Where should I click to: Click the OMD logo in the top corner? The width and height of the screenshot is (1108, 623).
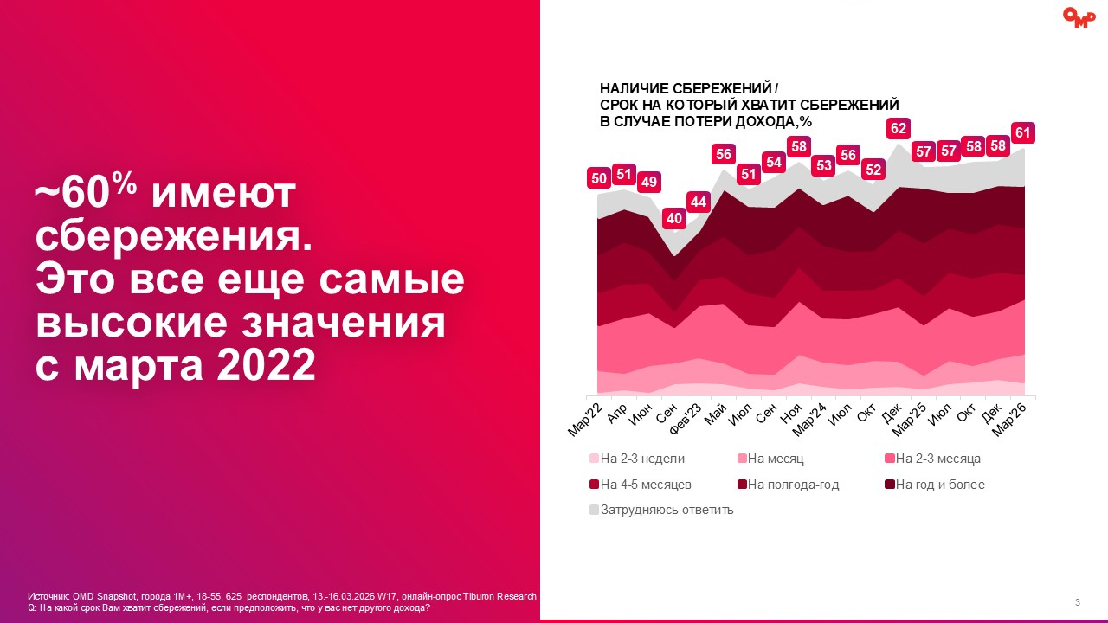click(x=1079, y=17)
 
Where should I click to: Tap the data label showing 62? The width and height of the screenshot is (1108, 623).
click(x=899, y=129)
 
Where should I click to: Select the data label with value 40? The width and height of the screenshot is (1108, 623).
click(x=674, y=218)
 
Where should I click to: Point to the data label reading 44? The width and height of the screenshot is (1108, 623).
click(x=699, y=202)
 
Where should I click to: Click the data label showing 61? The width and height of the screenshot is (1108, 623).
click(x=1023, y=133)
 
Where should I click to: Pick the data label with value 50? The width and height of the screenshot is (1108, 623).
click(x=598, y=178)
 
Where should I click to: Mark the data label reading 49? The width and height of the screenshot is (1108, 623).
click(x=648, y=183)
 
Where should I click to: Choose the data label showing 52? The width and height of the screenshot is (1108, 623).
click(x=874, y=170)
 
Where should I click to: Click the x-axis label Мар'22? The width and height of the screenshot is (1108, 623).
click(x=586, y=420)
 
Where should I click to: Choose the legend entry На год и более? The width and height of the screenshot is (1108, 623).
click(x=939, y=485)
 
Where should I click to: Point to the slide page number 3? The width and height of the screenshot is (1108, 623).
click(x=1078, y=602)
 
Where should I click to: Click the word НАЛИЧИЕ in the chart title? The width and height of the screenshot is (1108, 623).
click(x=631, y=88)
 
